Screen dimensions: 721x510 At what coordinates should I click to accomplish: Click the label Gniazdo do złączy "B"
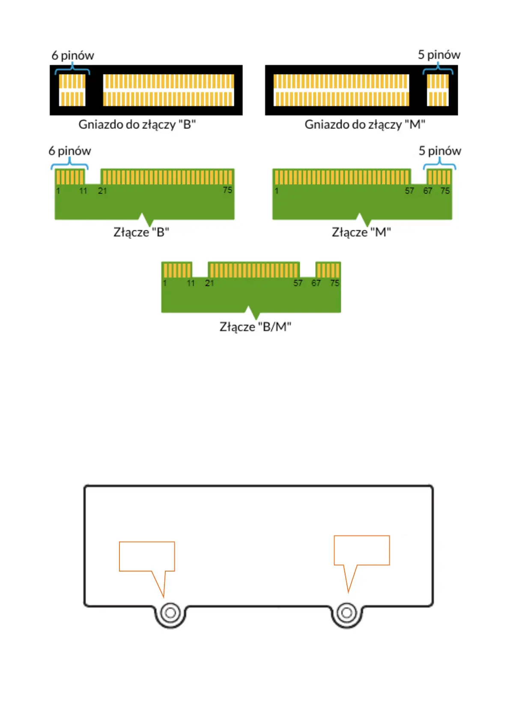click(137, 125)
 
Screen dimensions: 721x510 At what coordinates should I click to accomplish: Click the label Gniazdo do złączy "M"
click(365, 125)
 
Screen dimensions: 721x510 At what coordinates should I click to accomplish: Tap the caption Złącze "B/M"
click(255, 327)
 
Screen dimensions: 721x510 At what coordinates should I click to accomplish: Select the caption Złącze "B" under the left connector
click(141, 232)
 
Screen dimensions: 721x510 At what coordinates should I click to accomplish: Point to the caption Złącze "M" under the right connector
click(361, 232)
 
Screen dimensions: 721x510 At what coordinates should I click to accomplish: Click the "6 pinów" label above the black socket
click(73, 56)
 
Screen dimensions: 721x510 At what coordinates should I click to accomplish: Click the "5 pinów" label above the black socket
click(439, 55)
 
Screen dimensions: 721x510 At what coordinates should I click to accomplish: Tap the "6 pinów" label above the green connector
click(70, 151)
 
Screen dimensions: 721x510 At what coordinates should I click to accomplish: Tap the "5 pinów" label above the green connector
click(440, 151)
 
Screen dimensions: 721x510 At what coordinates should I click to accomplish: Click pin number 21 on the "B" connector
click(102, 191)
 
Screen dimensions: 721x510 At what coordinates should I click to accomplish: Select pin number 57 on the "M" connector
click(409, 191)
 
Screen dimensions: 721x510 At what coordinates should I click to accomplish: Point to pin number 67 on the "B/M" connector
click(316, 283)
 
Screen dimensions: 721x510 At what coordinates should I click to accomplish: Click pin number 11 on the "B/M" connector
click(191, 283)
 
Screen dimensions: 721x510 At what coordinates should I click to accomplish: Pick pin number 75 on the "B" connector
click(227, 190)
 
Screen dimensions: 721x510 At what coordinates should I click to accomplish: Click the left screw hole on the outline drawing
click(170, 613)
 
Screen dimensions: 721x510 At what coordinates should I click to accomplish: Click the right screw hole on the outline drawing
click(347, 613)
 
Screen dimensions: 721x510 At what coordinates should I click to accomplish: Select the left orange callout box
click(147, 557)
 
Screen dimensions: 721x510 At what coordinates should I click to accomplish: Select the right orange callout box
click(362, 550)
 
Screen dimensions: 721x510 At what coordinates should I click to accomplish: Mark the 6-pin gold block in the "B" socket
click(72, 90)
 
